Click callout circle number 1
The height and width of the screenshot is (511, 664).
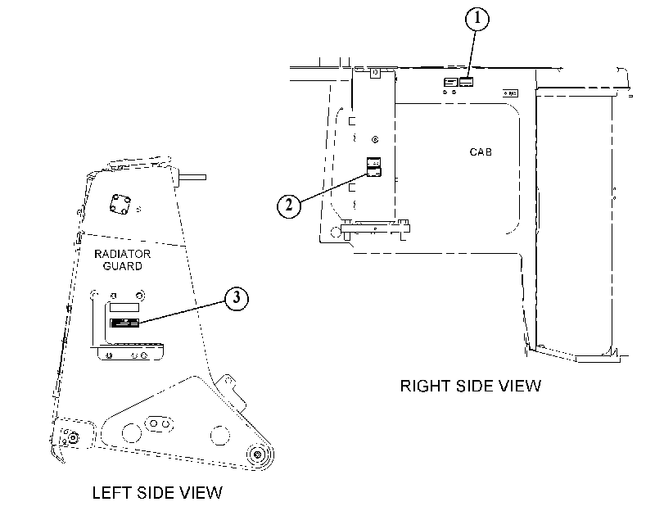pos(477,19)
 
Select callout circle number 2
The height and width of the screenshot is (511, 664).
pos(289,206)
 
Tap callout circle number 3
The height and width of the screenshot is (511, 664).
pos(236,298)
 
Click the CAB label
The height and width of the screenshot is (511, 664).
pos(481,152)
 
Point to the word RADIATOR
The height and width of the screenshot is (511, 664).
pos(122,254)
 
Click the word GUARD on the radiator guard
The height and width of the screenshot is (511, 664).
pos(122,266)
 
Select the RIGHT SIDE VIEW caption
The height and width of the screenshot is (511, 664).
pos(471,386)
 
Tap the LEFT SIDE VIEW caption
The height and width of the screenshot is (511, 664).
pos(157,493)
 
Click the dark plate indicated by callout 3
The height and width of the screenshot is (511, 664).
pos(124,323)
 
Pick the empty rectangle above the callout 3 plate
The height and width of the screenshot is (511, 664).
pos(124,307)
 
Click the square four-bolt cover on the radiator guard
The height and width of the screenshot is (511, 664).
pos(120,204)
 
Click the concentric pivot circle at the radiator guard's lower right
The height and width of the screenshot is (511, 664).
pos(257,454)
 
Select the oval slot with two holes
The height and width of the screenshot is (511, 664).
pos(159,424)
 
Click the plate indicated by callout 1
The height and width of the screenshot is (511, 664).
pos(466,82)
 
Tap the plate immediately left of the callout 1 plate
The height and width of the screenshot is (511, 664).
pos(451,82)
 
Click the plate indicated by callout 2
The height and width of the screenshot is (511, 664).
pos(374,171)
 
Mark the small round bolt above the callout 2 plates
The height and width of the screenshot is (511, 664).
pos(375,139)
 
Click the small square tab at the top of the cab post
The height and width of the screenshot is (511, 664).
pos(375,74)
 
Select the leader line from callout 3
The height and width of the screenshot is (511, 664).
pos(182,312)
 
